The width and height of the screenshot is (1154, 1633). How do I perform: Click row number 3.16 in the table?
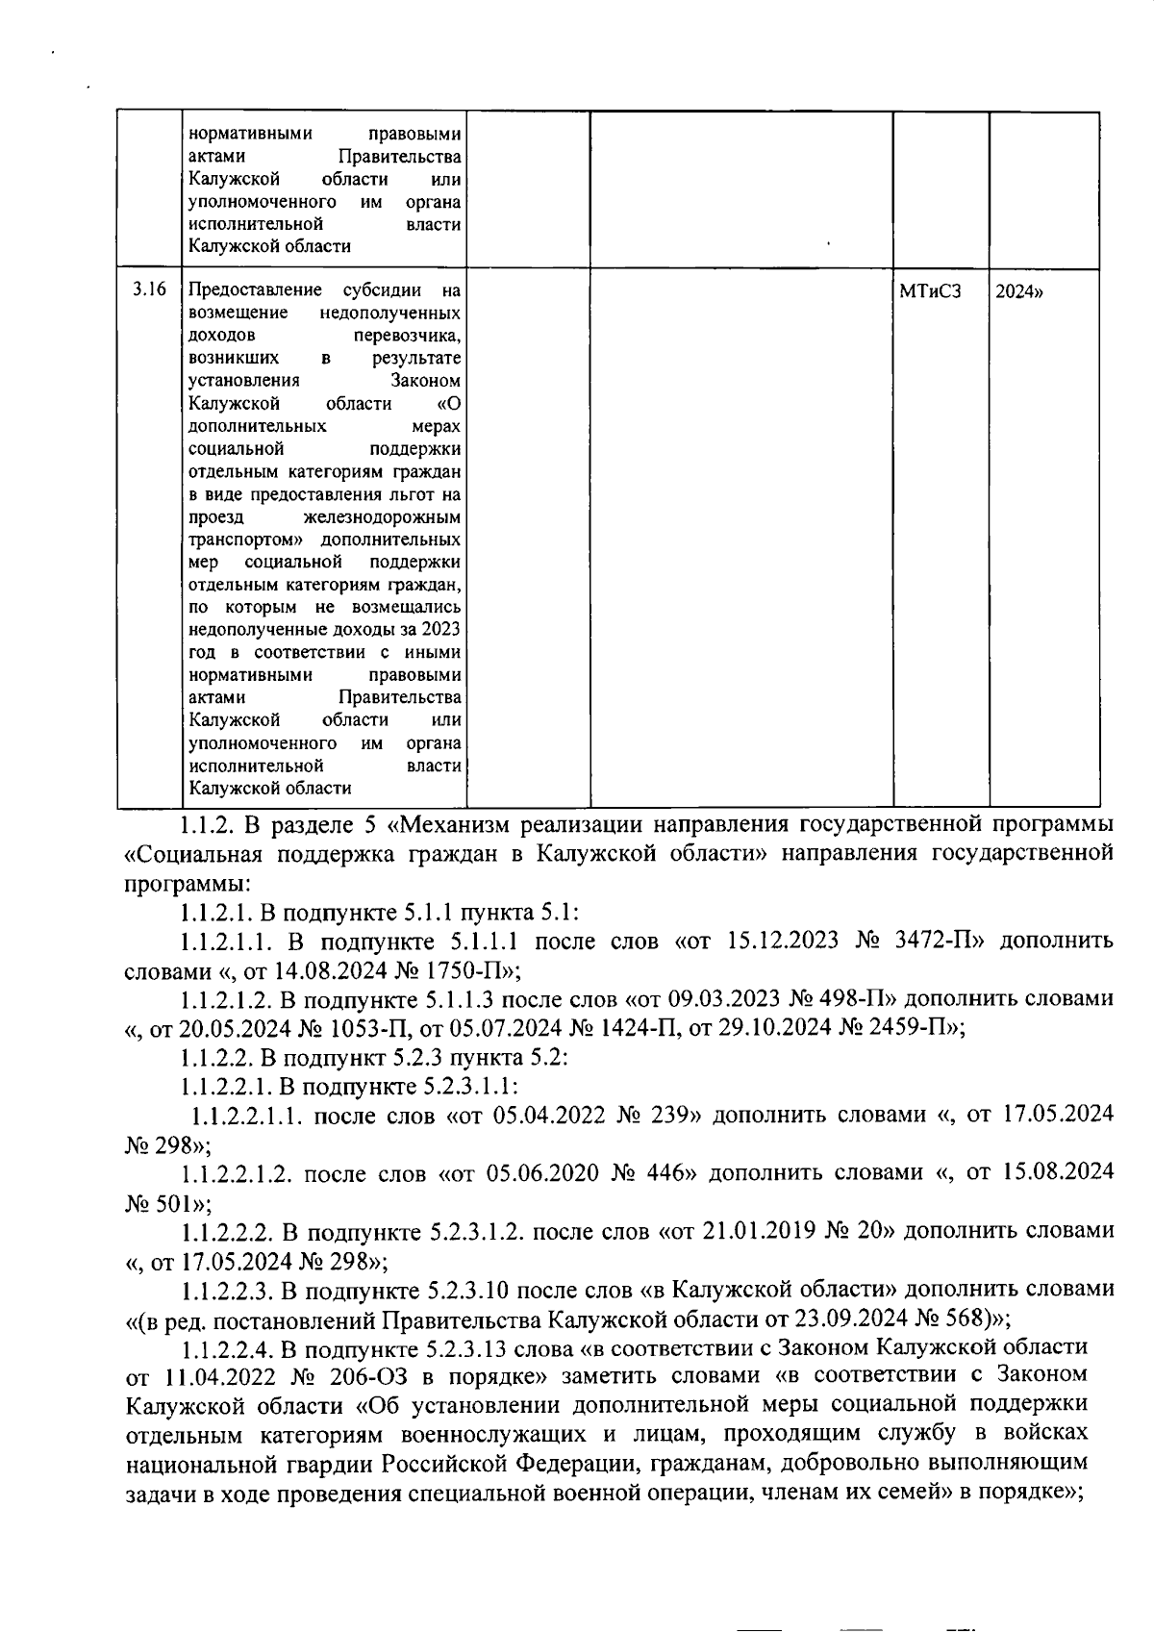[x=149, y=289]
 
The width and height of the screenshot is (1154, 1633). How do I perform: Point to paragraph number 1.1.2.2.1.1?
[x=248, y=1115]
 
